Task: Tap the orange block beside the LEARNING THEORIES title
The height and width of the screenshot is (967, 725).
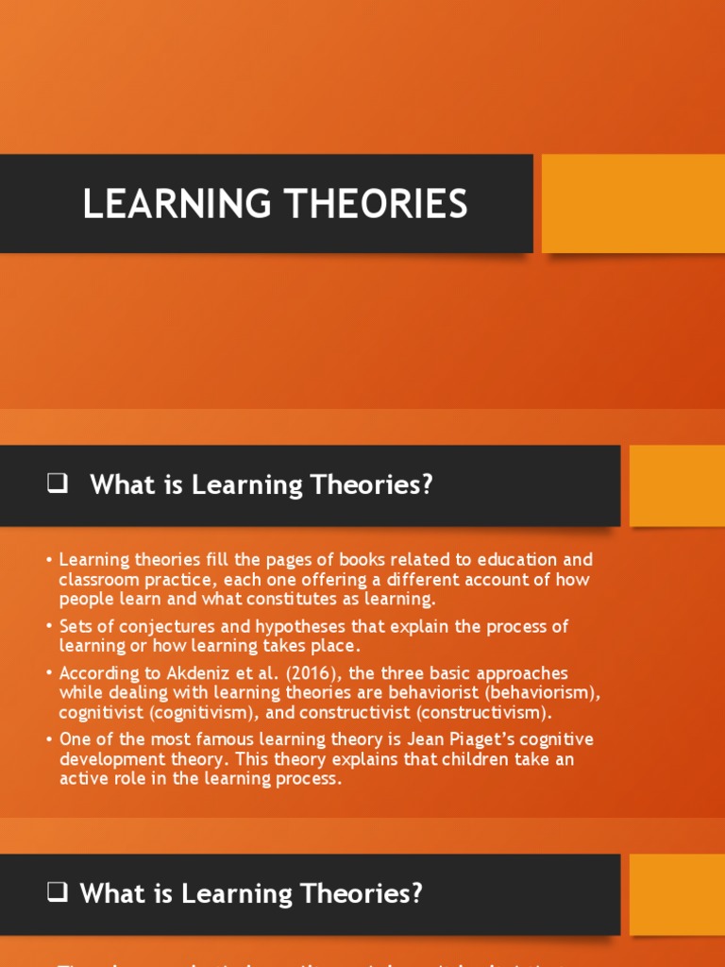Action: [x=632, y=203]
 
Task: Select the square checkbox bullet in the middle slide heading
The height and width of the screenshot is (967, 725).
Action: [x=57, y=485]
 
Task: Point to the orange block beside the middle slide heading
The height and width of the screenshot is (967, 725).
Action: [x=677, y=485]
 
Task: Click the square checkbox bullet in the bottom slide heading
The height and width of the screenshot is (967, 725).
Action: [x=57, y=893]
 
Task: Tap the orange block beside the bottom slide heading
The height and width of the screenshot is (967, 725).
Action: [x=677, y=893]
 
